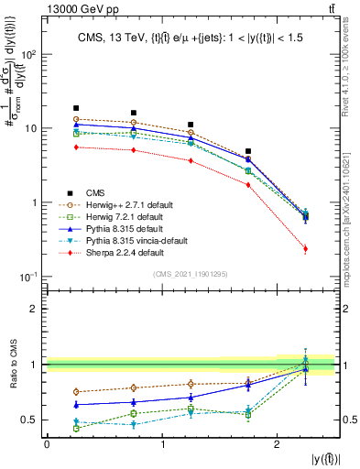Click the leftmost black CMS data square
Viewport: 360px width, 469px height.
(x=76, y=108)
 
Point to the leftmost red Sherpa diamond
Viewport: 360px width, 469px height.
(x=76, y=147)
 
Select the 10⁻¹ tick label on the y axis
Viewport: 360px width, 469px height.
(x=28, y=277)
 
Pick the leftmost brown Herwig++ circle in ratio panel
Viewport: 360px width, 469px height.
(x=76, y=392)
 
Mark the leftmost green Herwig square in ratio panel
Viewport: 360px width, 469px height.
(x=76, y=428)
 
